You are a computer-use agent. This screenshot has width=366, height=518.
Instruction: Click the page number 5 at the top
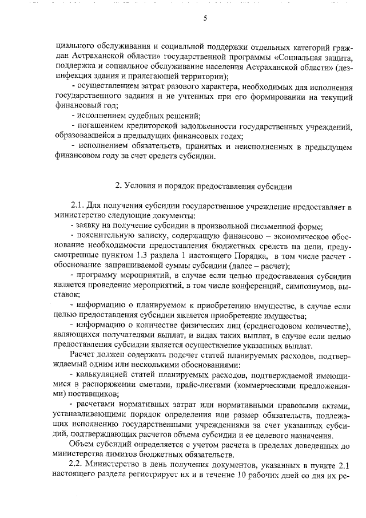(x=205, y=18)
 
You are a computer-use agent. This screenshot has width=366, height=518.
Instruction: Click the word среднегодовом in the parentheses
(x=276, y=325)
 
